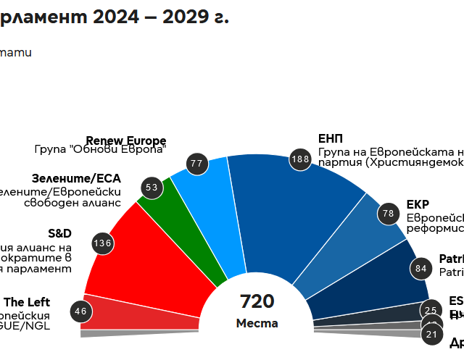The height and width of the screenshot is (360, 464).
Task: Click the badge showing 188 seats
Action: tap(300, 159)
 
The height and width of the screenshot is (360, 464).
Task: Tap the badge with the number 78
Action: tap(389, 213)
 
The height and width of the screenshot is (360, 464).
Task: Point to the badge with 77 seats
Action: tap(196, 164)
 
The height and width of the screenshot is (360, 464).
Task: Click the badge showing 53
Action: tap(152, 188)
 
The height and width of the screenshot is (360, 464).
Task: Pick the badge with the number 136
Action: tap(102, 243)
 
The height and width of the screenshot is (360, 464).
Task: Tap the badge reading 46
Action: tap(80, 312)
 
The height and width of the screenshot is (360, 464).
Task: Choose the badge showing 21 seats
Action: tap(432, 334)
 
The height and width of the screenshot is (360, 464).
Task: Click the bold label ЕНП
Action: tap(331, 139)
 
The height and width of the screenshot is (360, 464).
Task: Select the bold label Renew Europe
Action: tap(126, 141)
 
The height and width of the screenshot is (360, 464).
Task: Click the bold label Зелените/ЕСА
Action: tap(76, 178)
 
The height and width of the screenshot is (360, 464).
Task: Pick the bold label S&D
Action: tap(59, 233)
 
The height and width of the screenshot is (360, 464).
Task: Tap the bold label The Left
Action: tap(27, 302)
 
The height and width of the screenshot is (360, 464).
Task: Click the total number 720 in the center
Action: tap(257, 301)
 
